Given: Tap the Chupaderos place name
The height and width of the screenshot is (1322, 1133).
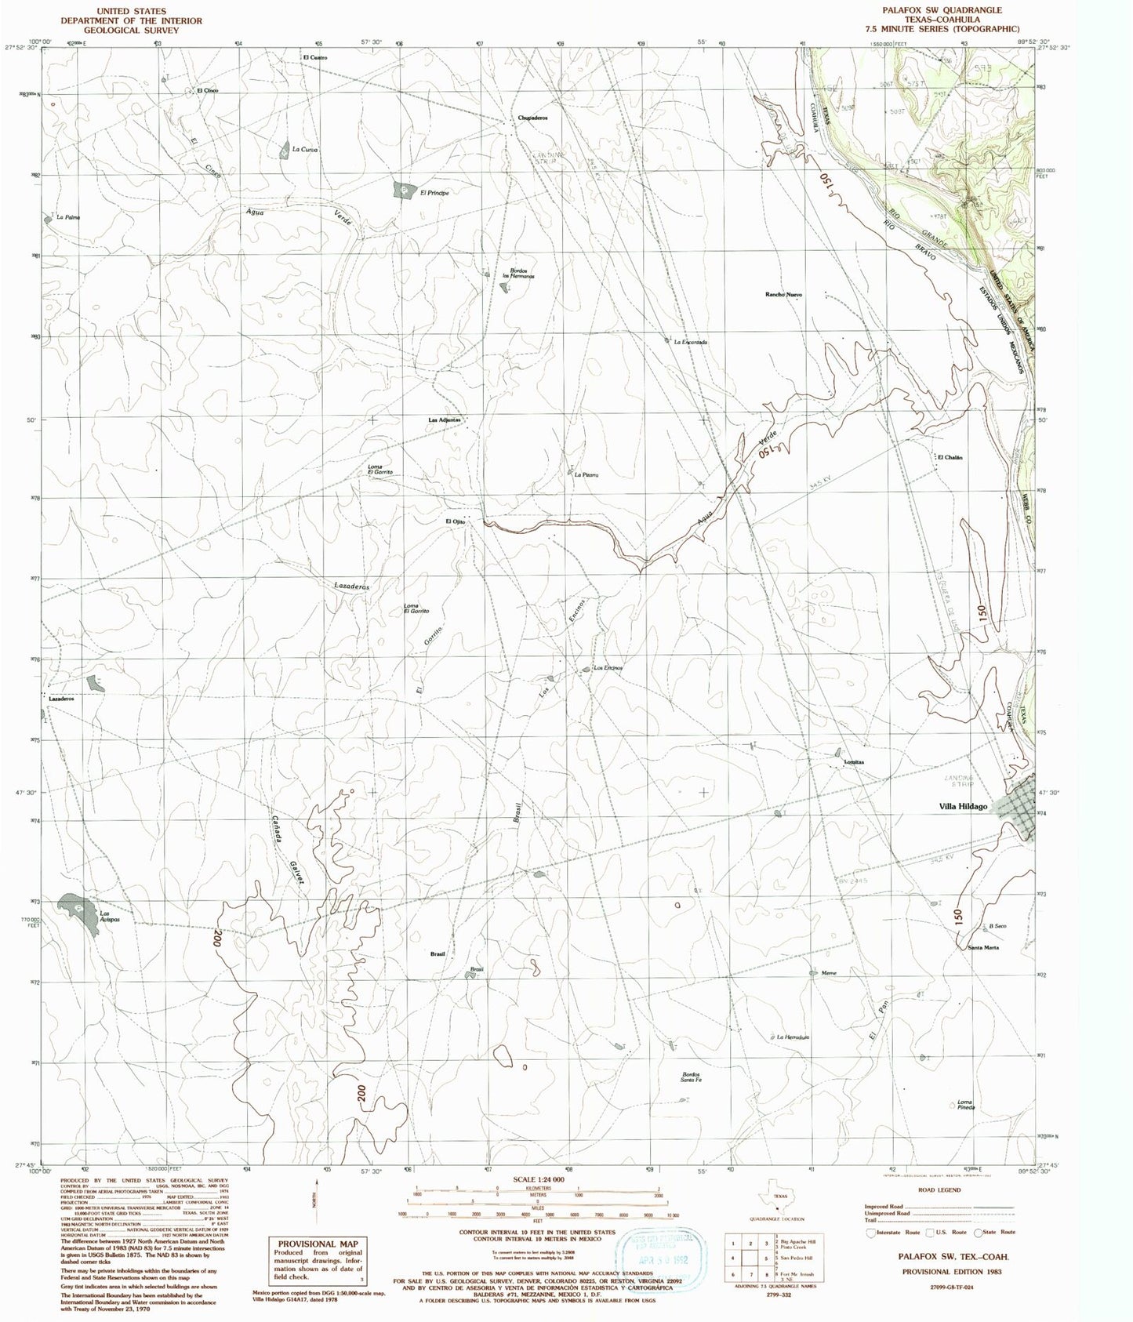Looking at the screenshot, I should click(x=532, y=118).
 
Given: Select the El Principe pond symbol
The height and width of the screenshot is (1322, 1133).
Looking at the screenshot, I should click(x=404, y=189).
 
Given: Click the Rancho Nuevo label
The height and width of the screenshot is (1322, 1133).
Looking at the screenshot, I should click(x=784, y=295).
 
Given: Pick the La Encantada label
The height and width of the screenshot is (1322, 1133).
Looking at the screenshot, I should click(x=690, y=342).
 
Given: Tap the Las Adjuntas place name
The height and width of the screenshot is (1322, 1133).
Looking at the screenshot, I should click(x=447, y=420).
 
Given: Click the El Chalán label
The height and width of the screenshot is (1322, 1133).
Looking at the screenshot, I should click(x=949, y=457).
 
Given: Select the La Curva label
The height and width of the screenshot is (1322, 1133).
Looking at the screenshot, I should click(x=304, y=149).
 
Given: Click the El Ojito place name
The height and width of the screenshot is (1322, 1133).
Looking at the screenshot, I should click(x=456, y=521).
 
